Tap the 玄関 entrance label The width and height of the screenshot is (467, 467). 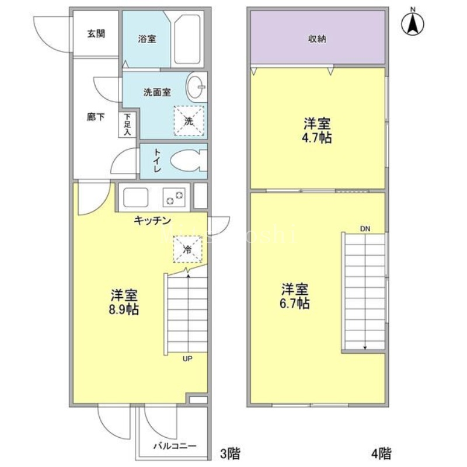96,33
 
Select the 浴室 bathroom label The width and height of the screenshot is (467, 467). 147,40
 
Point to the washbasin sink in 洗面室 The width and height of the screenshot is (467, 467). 197,88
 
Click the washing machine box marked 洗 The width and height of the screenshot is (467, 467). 189,121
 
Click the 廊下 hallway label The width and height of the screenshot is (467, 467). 96,117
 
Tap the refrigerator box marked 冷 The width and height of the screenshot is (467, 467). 187,249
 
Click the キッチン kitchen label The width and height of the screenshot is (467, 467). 152,220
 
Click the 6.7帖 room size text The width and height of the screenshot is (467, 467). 295,304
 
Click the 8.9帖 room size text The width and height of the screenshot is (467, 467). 124,309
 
